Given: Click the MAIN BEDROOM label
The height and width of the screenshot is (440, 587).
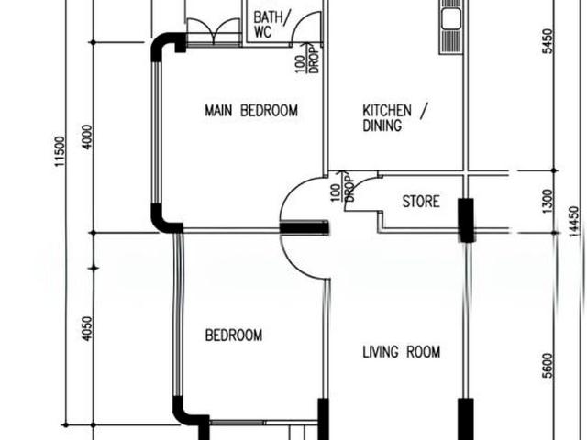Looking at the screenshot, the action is (251, 110).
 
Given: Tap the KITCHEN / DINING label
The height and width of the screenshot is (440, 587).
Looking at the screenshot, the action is (394, 118).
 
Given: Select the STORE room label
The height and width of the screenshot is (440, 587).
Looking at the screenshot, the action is (421, 202).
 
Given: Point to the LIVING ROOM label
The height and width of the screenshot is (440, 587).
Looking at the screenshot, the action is (402, 352).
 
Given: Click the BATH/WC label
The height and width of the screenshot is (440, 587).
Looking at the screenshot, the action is (271, 25).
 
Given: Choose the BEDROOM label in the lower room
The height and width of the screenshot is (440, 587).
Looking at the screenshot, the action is (234, 335).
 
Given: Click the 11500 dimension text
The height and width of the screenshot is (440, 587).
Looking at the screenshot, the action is (60, 151).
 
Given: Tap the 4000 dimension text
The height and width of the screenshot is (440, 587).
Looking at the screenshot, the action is (87, 137).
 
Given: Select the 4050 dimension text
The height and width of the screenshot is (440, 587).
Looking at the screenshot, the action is (87, 329).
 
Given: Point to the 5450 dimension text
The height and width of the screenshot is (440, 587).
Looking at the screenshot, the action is (547, 41).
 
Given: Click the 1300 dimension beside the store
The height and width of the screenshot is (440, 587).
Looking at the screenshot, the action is (547, 202).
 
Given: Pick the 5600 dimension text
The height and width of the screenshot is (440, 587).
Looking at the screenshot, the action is (547, 365).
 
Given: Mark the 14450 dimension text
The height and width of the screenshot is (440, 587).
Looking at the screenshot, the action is (573, 222).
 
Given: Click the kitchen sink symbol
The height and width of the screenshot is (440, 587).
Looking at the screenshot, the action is (450, 27).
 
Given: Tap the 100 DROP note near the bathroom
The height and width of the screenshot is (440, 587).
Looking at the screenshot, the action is (308, 59).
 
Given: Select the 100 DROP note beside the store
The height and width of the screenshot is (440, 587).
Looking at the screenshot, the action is (343, 187).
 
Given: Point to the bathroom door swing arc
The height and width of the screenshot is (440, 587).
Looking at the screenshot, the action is (301, 21).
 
